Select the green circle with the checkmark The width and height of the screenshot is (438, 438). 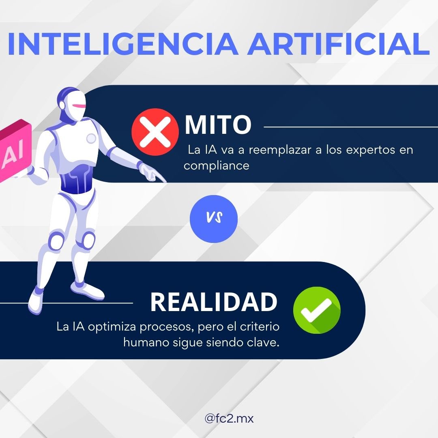[317, 310]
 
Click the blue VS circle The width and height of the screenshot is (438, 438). [214, 219]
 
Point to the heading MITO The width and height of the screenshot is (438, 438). [218, 125]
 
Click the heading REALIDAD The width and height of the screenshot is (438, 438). [214, 302]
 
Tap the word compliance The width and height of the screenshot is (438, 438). [217, 166]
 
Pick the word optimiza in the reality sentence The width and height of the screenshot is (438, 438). [111, 327]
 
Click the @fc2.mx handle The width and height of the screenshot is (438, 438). [229, 419]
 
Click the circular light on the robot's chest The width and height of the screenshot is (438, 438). [91, 139]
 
